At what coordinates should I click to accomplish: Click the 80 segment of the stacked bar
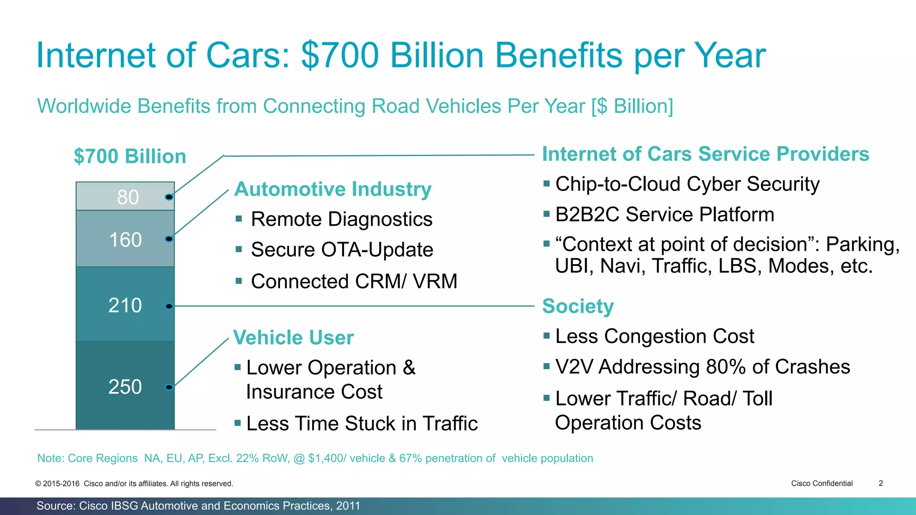pyautogui.click(x=125, y=197)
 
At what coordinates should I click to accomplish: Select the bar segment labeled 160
pyautogui.click(x=125, y=239)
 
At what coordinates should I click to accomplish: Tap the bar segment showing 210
pyautogui.click(x=125, y=305)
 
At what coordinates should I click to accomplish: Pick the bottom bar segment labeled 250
pyautogui.click(x=125, y=386)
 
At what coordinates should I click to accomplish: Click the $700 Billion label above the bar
pyautogui.click(x=130, y=156)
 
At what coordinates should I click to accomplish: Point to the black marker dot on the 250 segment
pyautogui.click(x=169, y=387)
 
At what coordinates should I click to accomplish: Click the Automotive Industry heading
pyautogui.click(x=333, y=189)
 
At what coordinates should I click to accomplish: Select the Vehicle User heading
pyautogui.click(x=293, y=338)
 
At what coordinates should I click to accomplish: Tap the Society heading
pyautogui.click(x=578, y=306)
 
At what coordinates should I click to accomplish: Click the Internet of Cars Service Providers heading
pyautogui.click(x=705, y=154)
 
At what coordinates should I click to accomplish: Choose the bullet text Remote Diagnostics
pyautogui.click(x=341, y=220)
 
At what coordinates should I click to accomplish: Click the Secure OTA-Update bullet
pyautogui.click(x=342, y=250)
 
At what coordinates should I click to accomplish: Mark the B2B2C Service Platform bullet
pyautogui.click(x=664, y=215)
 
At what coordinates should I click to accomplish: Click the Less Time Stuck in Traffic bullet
pyautogui.click(x=362, y=423)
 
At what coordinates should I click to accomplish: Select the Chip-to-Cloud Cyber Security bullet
pyautogui.click(x=687, y=184)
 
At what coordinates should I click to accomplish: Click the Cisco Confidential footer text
pyautogui.click(x=822, y=483)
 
